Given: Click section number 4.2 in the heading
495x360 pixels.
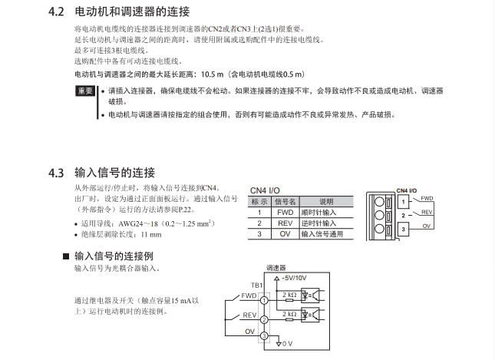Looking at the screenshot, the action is pyautogui.click(x=57, y=13).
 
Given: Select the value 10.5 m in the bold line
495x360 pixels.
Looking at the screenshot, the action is pyautogui.click(x=213, y=74).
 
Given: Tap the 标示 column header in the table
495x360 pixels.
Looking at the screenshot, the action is pyautogui.click(x=259, y=202).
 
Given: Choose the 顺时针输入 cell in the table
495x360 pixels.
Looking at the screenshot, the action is pyautogui.click(x=319, y=213).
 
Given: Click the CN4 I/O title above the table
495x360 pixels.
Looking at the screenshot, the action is pyautogui.click(x=266, y=191).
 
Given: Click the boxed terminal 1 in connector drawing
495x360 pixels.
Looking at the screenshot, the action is pyautogui.click(x=404, y=202).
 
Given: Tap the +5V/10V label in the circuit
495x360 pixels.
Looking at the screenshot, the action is pyautogui.click(x=295, y=279).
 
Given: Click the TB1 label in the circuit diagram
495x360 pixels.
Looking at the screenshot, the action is pyautogui.click(x=256, y=285).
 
